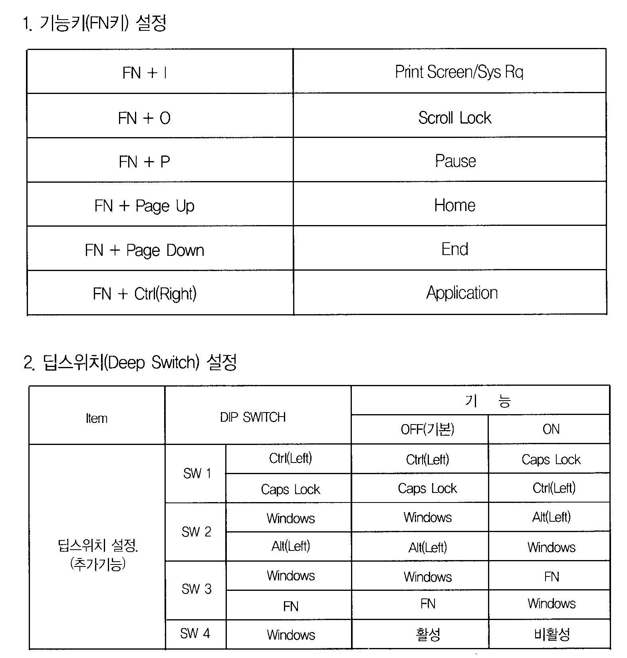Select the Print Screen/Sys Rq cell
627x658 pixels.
point(459,72)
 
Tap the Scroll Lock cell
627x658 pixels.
point(454,118)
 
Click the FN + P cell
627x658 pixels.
point(145,162)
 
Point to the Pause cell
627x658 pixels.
point(455,161)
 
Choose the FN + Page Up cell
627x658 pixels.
point(145,206)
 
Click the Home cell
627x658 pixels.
point(454,205)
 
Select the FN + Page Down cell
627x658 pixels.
point(145,250)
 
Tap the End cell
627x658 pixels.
point(454,249)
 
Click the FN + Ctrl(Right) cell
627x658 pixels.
point(145,294)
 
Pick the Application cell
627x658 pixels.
point(462,293)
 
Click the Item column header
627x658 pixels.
point(97,418)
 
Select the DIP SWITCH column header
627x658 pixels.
point(253,417)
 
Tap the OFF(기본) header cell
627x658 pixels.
point(427,429)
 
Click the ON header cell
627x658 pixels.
point(551,429)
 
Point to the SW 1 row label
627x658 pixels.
point(196,474)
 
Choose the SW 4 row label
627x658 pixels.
point(195,633)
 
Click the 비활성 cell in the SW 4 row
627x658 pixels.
point(552,634)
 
